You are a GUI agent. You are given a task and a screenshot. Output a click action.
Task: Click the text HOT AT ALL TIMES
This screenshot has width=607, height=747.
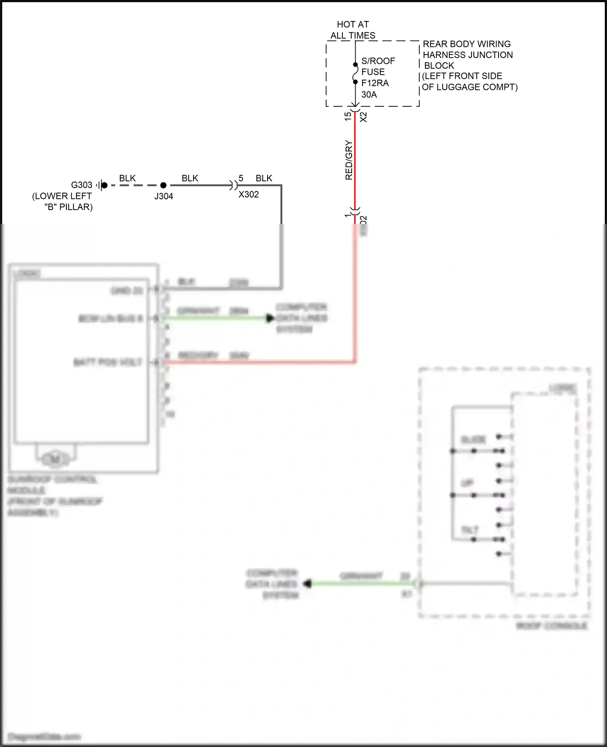point(352,30)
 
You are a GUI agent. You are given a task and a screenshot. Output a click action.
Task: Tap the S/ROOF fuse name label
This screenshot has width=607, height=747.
point(378,61)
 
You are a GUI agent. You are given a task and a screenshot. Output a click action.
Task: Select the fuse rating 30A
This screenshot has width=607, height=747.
point(369,95)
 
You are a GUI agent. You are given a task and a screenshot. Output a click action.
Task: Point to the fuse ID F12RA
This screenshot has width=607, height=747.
point(375,83)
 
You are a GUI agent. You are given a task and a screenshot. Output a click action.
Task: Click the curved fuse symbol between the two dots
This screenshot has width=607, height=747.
point(355,73)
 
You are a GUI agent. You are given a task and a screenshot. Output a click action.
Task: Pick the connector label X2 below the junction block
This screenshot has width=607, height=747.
point(363,117)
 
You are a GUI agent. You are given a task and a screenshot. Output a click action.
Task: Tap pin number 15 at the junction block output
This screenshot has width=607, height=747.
point(348,117)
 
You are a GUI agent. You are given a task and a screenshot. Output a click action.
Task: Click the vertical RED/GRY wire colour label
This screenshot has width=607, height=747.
point(349,160)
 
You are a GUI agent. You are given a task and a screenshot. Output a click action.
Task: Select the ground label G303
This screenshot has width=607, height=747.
point(82,185)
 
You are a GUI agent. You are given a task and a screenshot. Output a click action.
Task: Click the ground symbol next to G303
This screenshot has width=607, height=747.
point(100,185)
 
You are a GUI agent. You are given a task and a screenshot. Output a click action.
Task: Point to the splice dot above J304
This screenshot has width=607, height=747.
point(163,185)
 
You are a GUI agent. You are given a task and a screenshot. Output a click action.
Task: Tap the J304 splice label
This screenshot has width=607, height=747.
point(163,196)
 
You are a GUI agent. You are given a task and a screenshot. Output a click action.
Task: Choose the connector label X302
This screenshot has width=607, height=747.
point(248,195)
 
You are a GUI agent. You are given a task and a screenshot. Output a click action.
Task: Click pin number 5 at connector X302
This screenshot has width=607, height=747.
point(241,178)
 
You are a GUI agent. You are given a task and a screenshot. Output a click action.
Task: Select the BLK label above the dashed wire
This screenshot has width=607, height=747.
point(127,178)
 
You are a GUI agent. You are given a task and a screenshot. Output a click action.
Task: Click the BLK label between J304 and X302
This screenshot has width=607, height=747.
point(190,178)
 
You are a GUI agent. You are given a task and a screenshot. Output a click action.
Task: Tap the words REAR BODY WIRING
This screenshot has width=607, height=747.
point(467,44)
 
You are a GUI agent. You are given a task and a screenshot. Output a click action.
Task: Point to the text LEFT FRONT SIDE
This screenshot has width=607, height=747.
point(463,76)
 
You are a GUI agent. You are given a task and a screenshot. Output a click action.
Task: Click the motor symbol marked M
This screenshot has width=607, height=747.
point(55,459)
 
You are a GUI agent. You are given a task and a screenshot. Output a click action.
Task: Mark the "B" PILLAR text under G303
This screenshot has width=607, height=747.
point(68,207)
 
